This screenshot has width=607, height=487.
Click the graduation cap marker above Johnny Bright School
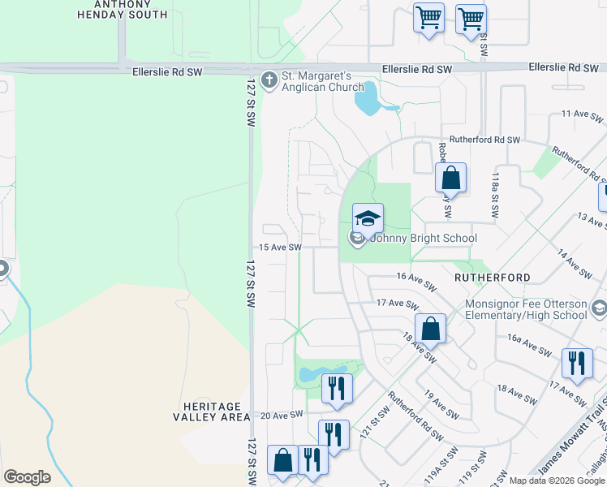pos(368,218)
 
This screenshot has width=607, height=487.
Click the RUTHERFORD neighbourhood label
pos(492,277)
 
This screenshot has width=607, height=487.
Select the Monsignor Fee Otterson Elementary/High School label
pos(526,310)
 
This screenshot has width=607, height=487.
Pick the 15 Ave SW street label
pos(280,248)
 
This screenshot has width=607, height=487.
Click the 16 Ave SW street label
pos(417,280)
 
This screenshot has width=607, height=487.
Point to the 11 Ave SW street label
pos(583,116)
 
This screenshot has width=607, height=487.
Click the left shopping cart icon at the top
pos(428,17)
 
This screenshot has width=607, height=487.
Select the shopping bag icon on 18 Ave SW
pos(431,329)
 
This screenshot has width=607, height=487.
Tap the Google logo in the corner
pos(27,477)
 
